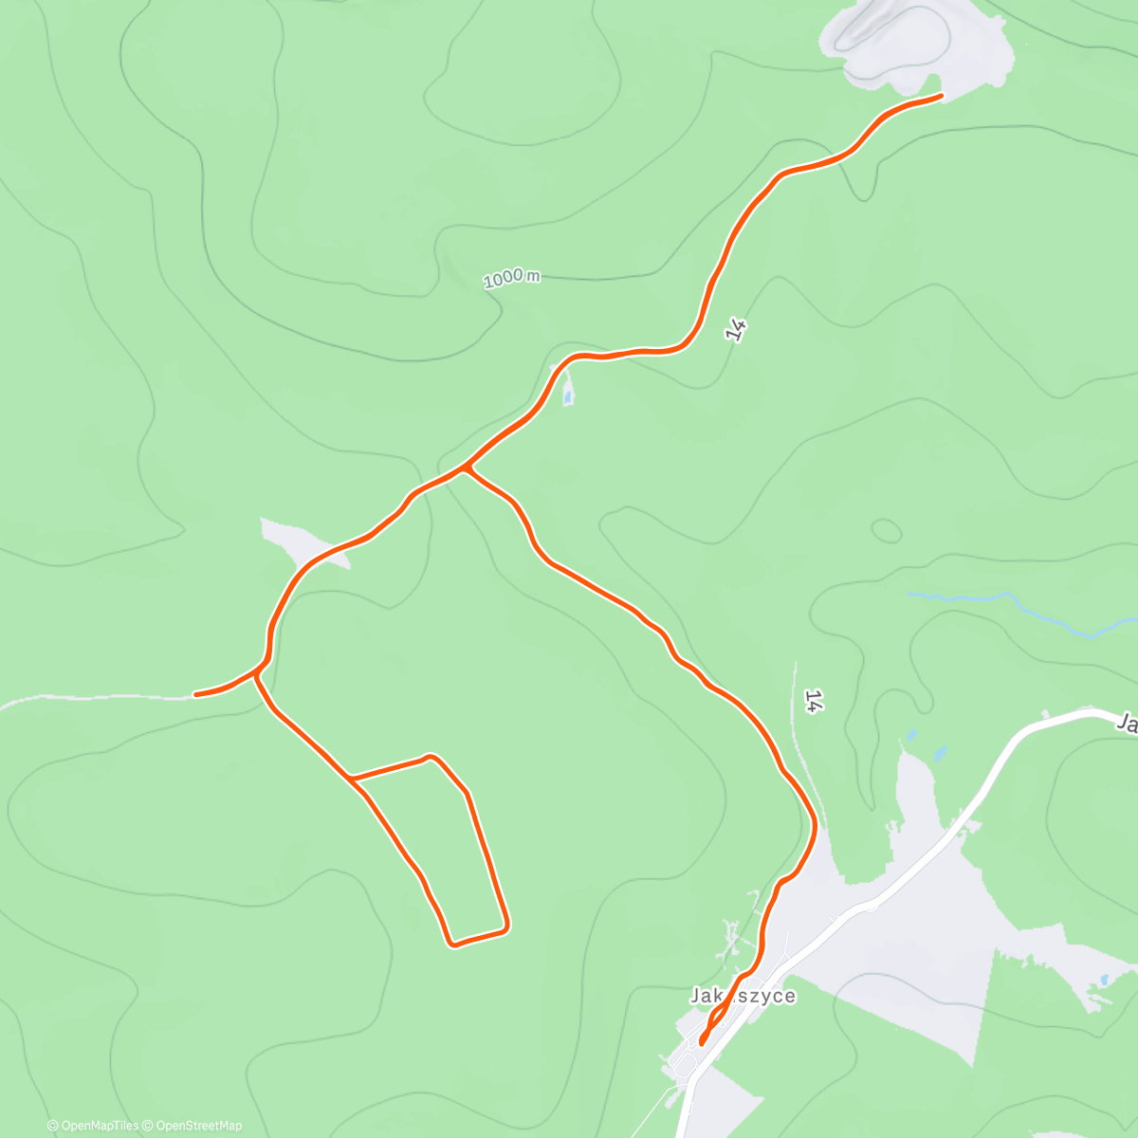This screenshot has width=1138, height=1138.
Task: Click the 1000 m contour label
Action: pyautogui.click(x=511, y=278)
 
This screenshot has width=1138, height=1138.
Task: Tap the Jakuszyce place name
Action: pyautogui.click(x=743, y=996)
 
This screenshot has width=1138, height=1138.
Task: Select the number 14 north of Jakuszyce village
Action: pyautogui.click(x=812, y=701)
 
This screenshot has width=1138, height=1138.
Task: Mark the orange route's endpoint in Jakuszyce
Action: pyautogui.click(x=702, y=1042)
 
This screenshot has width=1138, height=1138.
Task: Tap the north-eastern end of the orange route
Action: pyautogui.click(x=940, y=96)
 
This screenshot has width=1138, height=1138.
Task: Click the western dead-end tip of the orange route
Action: pyautogui.click(x=196, y=694)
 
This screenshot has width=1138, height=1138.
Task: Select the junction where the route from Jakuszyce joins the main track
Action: pyautogui.click(x=465, y=468)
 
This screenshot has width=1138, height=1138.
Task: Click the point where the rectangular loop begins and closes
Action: pyautogui.click(x=352, y=779)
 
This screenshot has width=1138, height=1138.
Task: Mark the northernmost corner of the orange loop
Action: pyautogui.click(x=432, y=757)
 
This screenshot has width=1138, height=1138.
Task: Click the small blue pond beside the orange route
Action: pyautogui.click(x=568, y=395)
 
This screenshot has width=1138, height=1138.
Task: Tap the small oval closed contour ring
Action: pyautogui.click(x=886, y=531)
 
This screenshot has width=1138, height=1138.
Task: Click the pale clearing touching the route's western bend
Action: pyautogui.click(x=303, y=542)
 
